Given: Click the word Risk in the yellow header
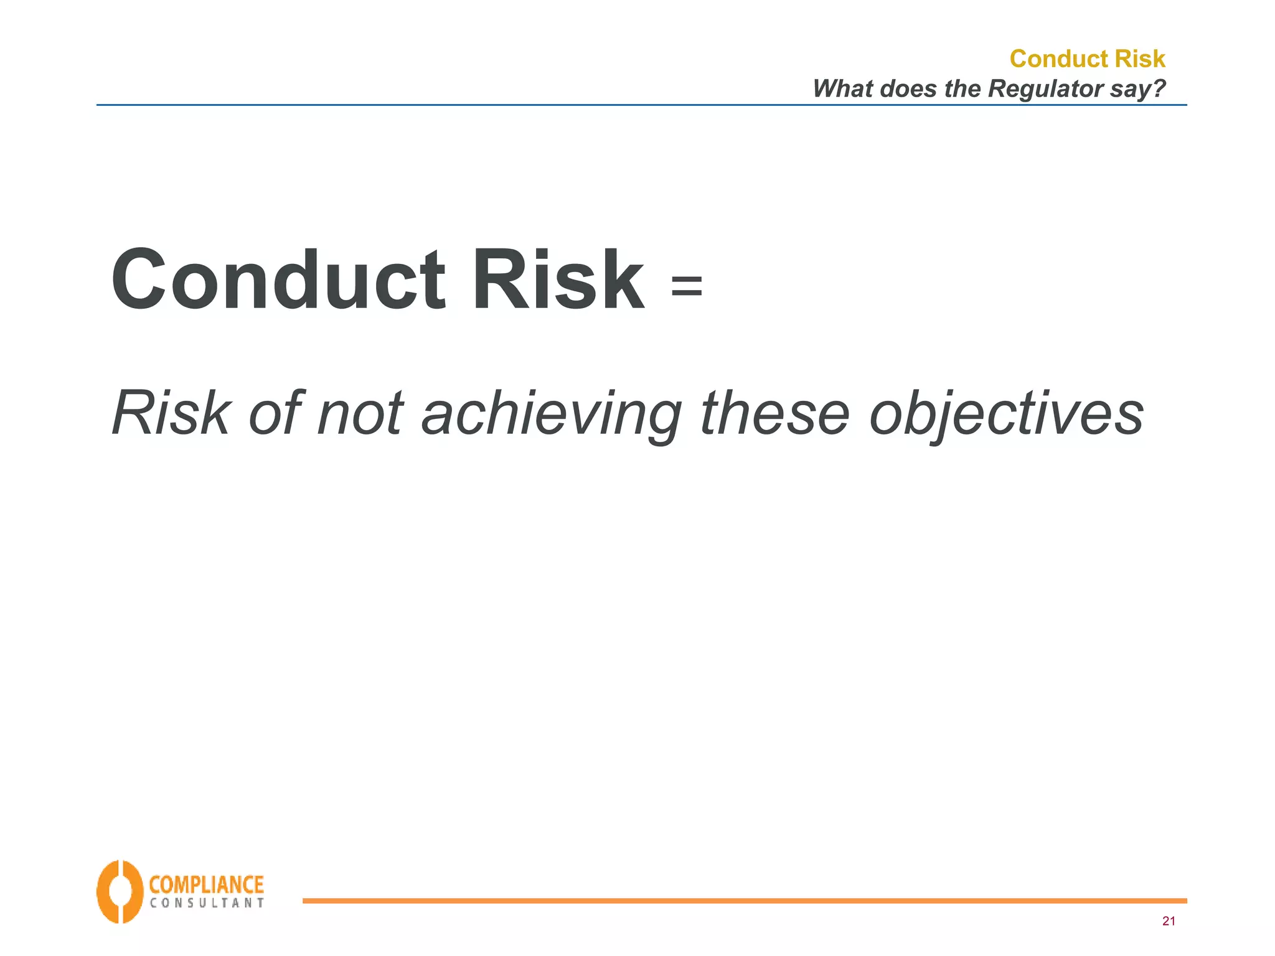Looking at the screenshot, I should click(1140, 59).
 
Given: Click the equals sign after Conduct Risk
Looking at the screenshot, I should click(687, 287).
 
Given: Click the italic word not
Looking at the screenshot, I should click(360, 413).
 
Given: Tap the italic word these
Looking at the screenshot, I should click(774, 413).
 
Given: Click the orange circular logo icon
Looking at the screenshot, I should click(119, 891).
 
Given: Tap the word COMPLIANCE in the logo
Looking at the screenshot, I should click(206, 884).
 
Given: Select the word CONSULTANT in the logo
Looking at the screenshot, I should click(206, 903).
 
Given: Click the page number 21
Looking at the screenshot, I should click(1168, 921).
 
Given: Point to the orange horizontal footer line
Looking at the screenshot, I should click(744, 901).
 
